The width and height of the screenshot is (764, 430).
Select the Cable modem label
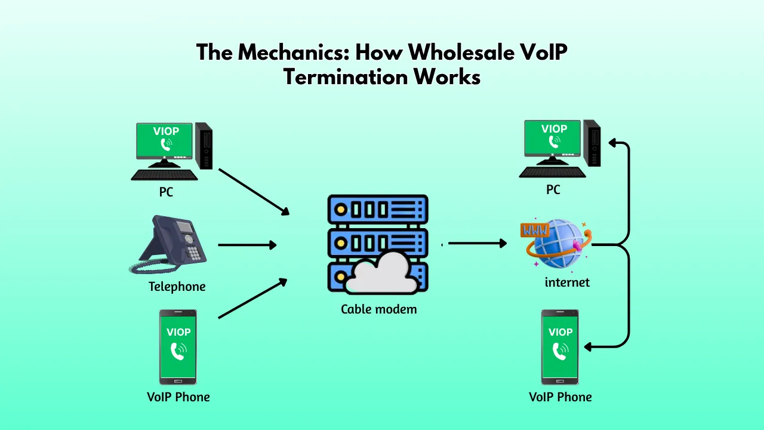click(378, 309)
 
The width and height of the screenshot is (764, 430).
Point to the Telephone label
click(177, 287)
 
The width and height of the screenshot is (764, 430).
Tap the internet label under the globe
click(567, 282)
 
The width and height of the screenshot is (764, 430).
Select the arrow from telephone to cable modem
click(247, 245)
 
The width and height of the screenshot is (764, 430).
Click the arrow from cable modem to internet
click(478, 243)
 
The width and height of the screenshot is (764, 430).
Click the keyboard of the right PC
click(553, 172)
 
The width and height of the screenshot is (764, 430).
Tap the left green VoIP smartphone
click(178, 346)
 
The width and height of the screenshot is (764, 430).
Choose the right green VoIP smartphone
click(560, 346)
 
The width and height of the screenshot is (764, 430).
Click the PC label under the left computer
click(166, 192)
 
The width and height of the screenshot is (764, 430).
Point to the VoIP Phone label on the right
click(560, 397)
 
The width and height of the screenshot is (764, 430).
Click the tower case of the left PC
click(204, 145)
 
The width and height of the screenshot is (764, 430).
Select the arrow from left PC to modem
click(254, 191)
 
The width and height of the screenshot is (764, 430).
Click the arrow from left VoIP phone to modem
click(254, 298)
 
